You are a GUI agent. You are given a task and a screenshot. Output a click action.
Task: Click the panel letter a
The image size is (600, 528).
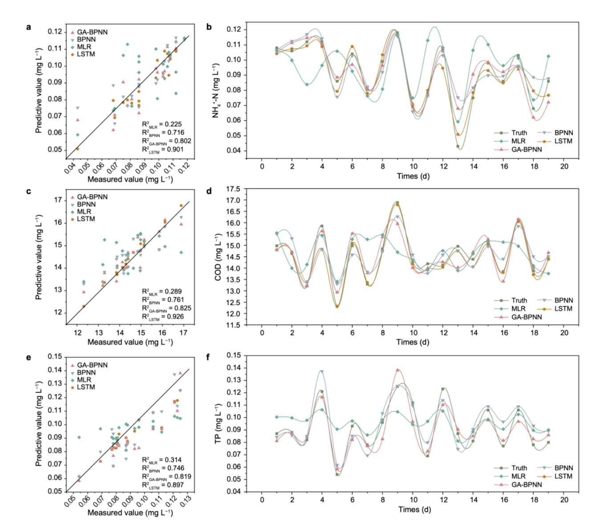pyautogui.click(x=29, y=27)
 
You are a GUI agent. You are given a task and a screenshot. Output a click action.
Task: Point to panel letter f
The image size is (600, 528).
pyautogui.click(x=209, y=357)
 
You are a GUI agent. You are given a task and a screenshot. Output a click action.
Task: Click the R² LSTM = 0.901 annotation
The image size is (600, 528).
pyautogui.click(x=162, y=150)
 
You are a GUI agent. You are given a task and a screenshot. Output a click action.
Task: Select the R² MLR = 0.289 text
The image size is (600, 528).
pyautogui.click(x=162, y=292)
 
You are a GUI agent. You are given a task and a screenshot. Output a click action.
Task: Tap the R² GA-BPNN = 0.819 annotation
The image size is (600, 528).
pyautogui.click(x=166, y=476)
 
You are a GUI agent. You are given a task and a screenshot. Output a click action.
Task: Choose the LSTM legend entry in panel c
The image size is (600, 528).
pyautogui.click(x=86, y=219)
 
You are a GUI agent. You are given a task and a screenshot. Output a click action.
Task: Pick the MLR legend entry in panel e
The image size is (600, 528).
pyautogui.click(x=84, y=380)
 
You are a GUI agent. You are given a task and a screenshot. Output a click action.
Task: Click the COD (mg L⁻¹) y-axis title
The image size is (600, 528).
pyautogui.click(x=218, y=257)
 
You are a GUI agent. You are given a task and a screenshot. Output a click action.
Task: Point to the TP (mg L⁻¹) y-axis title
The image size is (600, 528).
pyautogui.click(x=218, y=423)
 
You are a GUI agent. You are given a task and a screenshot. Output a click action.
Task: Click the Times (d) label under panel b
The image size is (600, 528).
pyautogui.click(x=413, y=176)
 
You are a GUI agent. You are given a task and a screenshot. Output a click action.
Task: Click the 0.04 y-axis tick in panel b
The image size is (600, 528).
pyautogui.click(x=234, y=150)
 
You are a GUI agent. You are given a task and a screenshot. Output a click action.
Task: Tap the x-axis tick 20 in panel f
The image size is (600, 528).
pyautogui.click(x=564, y=500)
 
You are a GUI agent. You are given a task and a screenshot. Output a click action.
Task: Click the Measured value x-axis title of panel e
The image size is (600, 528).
pyautogui.click(x=130, y=512)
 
